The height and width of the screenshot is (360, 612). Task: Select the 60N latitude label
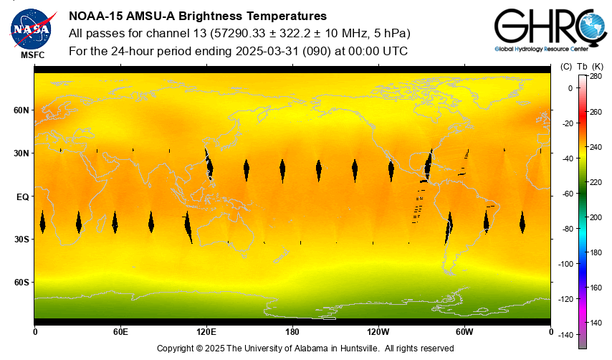point(22,110)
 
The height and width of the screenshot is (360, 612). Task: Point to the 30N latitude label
point(22,153)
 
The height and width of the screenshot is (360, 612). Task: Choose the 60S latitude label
point(22,283)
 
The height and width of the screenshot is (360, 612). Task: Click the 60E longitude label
point(120,331)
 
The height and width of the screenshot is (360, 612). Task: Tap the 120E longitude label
point(206,331)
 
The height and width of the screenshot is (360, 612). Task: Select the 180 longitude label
point(292,331)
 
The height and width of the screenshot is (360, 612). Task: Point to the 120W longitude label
point(378,331)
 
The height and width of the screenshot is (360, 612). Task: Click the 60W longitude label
point(464,331)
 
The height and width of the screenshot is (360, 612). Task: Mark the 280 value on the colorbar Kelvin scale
point(596,76)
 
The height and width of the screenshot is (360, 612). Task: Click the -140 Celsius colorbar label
point(566,335)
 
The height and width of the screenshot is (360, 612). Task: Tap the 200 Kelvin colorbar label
point(596,217)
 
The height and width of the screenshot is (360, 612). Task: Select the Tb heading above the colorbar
point(582,67)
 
